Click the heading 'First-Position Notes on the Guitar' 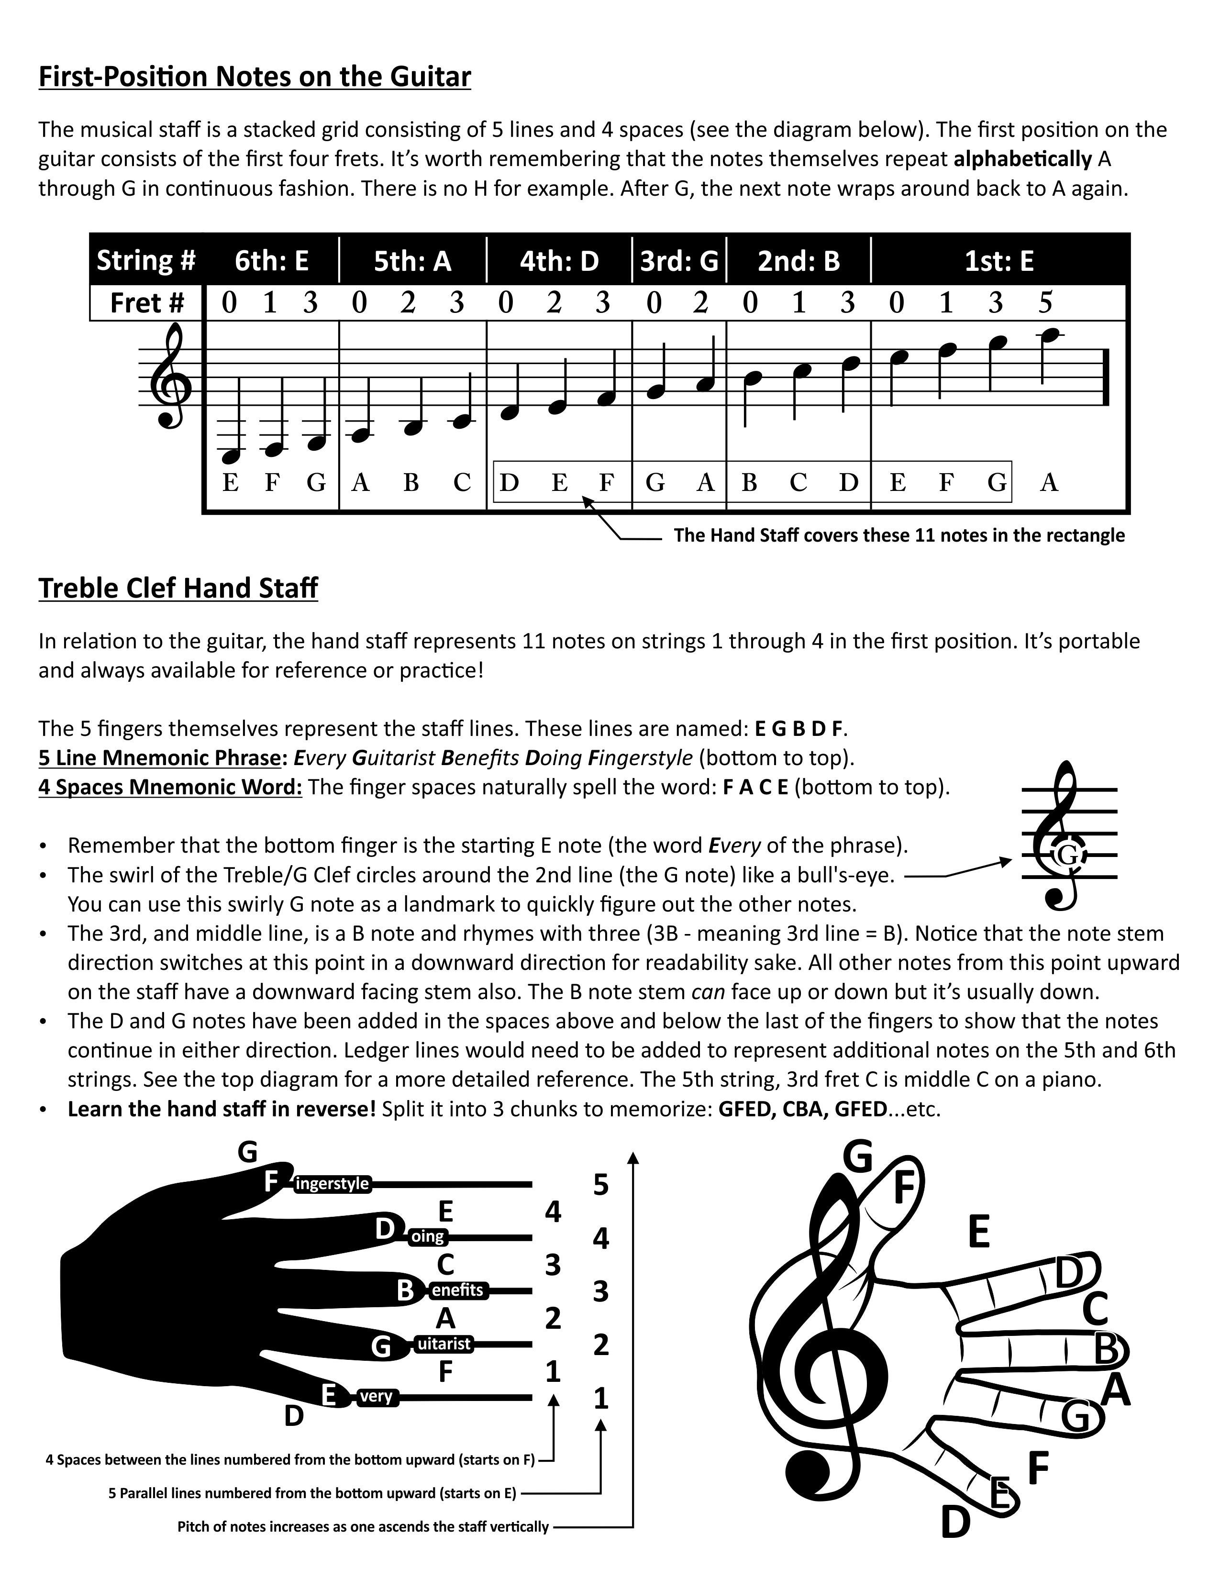(255, 77)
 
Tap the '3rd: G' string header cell (679, 261)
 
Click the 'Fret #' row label (147, 303)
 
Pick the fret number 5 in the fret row (1045, 303)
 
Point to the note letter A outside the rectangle (1049, 482)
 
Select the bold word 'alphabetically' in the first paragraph (1022, 159)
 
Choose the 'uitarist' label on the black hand (444, 1344)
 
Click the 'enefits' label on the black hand (457, 1290)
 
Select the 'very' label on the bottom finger (376, 1397)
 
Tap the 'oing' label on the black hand (427, 1236)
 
